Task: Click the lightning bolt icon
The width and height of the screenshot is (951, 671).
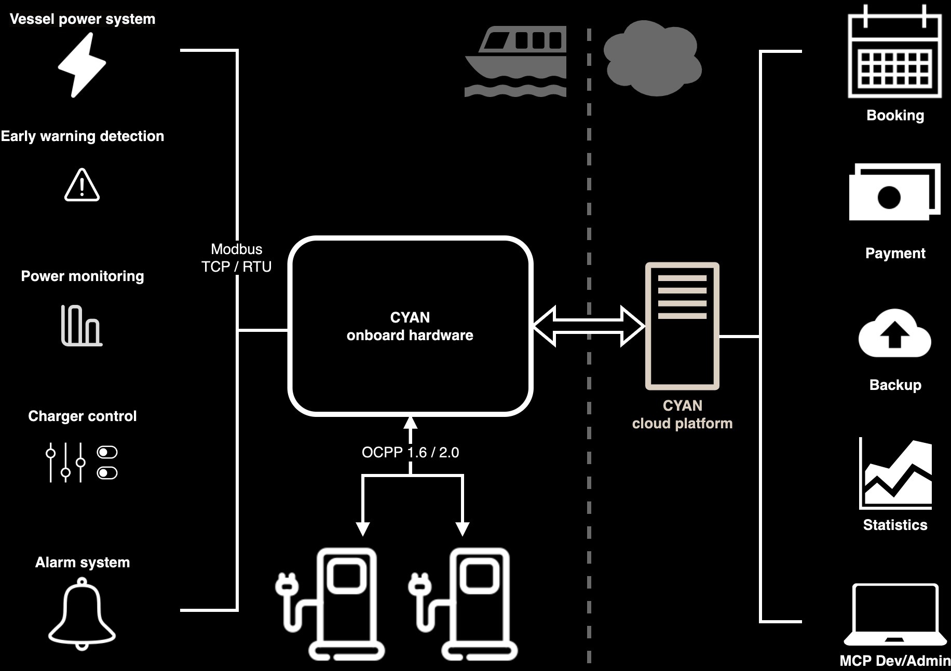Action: [82, 65]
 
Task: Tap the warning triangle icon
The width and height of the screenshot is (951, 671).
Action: [82, 186]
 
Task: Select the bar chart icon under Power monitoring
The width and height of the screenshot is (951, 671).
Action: [81, 326]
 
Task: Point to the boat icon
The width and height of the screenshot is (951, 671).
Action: [515, 61]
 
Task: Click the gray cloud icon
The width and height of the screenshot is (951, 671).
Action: [653, 58]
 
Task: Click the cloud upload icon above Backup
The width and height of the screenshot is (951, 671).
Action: [894, 334]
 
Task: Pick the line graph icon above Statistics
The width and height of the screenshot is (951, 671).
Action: [895, 475]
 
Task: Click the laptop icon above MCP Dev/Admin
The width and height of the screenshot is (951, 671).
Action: [895, 615]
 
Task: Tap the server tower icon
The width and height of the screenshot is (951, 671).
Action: [682, 326]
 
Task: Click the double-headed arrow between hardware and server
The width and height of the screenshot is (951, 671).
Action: [589, 326]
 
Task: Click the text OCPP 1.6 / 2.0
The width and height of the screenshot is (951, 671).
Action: [410, 453]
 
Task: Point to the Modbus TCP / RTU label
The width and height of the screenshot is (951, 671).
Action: [236, 258]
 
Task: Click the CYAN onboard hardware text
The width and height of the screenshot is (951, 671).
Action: [410, 326]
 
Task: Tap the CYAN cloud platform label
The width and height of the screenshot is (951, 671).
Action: [682, 414]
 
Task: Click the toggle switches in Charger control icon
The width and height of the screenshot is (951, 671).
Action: [107, 463]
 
